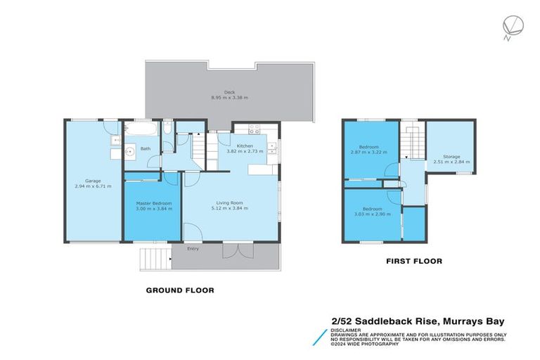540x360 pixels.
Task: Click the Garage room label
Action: [x=93, y=181]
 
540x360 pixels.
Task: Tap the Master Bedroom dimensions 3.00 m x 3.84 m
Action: [x=153, y=209]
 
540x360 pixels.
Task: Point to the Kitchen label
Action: [x=244, y=146]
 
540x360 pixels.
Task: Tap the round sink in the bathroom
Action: [x=129, y=150]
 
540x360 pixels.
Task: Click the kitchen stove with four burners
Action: [x=254, y=129]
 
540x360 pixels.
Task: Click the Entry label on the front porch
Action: [x=193, y=248]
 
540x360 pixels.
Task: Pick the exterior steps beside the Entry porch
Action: [x=155, y=259]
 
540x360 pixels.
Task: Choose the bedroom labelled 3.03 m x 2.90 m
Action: [x=372, y=212]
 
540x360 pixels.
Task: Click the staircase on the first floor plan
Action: [x=410, y=148]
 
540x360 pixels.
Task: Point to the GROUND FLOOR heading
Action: [x=179, y=290]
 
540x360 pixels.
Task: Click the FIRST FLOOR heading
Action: [x=413, y=261]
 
